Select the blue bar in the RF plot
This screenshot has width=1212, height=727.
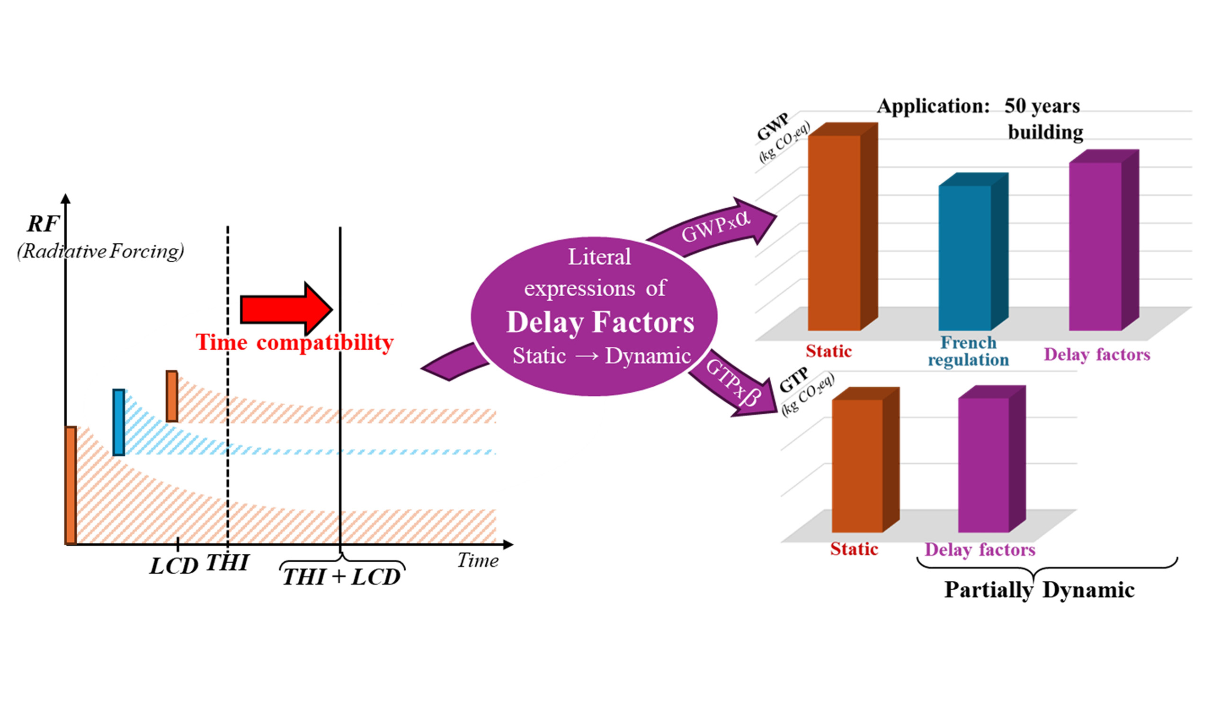coord(118,422)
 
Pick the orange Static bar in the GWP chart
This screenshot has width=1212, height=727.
coord(834,233)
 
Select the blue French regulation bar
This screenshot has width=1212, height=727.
coord(964,257)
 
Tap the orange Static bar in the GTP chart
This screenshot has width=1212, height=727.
coord(857,465)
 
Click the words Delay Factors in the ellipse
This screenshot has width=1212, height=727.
coord(600,322)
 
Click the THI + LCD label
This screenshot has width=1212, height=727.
coord(341,576)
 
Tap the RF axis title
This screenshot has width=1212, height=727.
coord(43,224)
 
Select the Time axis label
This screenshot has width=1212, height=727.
coord(478,560)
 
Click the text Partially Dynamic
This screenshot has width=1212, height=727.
coord(1039,590)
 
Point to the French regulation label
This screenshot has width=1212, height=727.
coord(968,351)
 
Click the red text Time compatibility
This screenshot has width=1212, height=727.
coord(294,342)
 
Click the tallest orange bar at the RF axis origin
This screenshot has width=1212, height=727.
coord(71,486)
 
